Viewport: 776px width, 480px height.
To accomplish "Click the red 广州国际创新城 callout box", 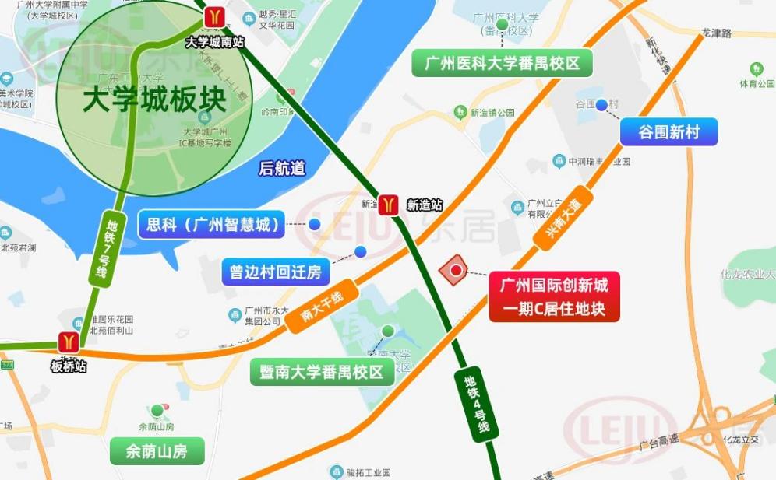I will coord(554,297).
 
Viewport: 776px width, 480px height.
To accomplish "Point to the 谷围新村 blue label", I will coord(668,133).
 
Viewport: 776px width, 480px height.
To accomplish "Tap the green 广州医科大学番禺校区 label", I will coord(503,64).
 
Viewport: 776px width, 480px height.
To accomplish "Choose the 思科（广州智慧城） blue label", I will coord(212,226).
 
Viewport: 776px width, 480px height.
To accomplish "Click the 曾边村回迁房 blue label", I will coord(275,272).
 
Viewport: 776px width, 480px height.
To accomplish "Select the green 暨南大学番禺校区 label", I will coord(322,372).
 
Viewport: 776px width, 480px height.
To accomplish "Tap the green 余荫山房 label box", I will coord(157,451).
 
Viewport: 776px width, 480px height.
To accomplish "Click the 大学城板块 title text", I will coord(154,100).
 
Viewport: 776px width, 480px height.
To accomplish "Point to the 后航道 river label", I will coord(282,168).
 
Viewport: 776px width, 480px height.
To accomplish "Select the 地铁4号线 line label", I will coord(476,404).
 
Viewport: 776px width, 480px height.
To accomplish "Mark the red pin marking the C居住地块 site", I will coord(455,271).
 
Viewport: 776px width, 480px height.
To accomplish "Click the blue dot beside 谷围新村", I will coord(601,105).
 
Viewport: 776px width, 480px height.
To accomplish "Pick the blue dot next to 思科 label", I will coord(315,225).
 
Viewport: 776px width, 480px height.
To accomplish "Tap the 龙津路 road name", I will coord(717,34).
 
